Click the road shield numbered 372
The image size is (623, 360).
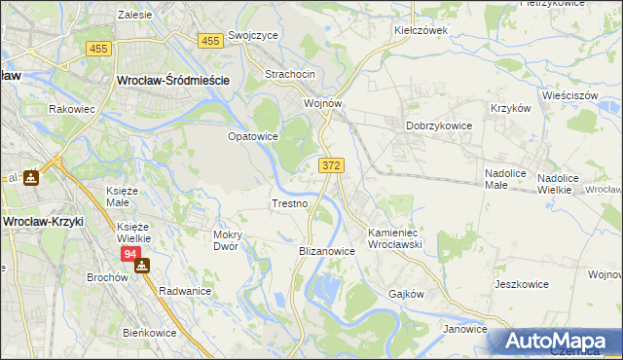coord(330,166)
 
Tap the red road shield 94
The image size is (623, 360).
coord(131,254)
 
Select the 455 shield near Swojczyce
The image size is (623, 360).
coord(209,41)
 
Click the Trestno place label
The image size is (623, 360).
coord(289,204)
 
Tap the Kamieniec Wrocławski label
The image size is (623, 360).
coord(407,239)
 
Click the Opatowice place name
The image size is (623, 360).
coord(252,137)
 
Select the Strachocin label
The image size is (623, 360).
coord(290,75)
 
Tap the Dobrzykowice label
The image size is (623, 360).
coord(438,126)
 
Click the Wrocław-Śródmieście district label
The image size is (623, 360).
coord(172,82)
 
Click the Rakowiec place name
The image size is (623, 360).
coord(71,109)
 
